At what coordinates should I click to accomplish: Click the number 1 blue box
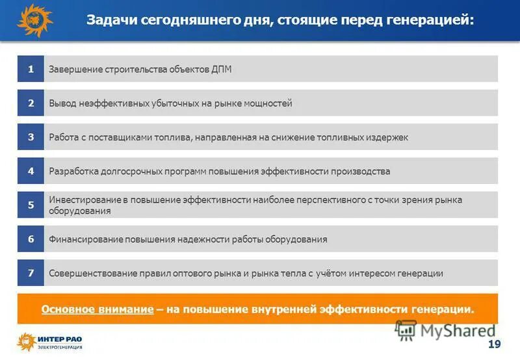31,69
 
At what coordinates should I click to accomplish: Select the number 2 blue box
31,103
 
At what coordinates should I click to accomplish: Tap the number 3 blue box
31,137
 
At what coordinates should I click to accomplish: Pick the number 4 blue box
31,171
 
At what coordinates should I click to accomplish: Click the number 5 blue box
31,205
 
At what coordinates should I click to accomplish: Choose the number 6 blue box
31,239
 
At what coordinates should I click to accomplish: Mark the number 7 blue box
31,273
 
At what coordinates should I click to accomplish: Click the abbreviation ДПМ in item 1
221,70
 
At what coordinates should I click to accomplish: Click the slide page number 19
493,343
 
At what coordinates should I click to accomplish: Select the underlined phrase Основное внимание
97,309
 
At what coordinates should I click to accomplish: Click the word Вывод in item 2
62,103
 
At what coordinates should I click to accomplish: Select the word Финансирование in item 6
85,239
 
